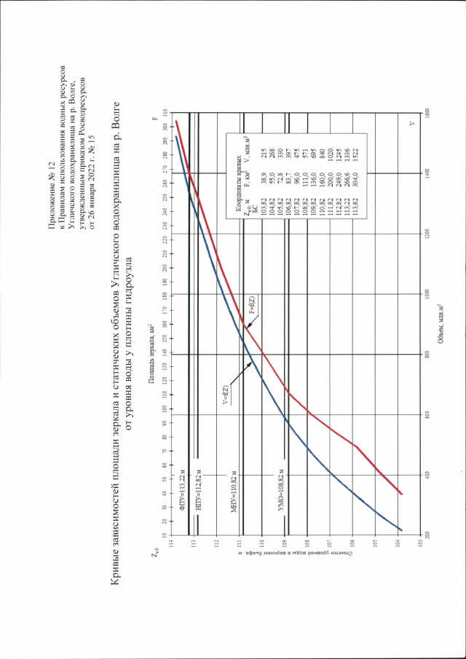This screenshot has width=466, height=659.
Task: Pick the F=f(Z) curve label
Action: tap(250, 306)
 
